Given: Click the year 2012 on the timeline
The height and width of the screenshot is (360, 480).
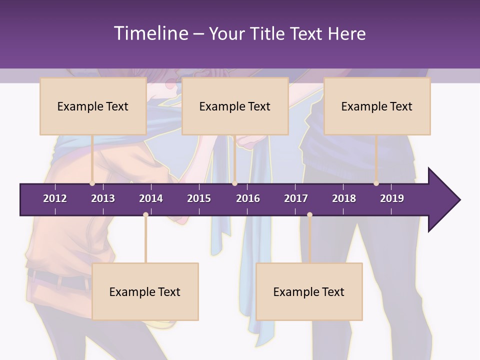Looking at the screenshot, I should pyautogui.click(x=55, y=198).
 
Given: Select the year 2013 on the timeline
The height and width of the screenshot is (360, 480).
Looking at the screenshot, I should pyautogui.click(x=103, y=198).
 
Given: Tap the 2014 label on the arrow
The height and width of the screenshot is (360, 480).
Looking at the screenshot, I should pyautogui.click(x=151, y=198).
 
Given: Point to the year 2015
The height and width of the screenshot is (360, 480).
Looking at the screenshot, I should pyautogui.click(x=199, y=198).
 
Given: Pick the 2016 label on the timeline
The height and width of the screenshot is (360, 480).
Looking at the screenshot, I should pyautogui.click(x=248, y=198).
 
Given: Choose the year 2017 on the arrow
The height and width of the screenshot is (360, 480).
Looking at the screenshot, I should pyautogui.click(x=296, y=198).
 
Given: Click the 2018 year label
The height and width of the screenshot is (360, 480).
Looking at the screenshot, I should pyautogui.click(x=344, y=198).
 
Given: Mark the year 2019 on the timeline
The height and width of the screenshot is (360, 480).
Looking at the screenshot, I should pyautogui.click(x=392, y=198).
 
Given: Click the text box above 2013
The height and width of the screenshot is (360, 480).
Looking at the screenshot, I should pyautogui.click(x=93, y=106).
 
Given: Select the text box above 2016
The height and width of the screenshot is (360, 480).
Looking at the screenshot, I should pyautogui.click(x=235, y=106).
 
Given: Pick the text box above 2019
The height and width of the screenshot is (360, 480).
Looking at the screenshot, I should pyautogui.click(x=377, y=106).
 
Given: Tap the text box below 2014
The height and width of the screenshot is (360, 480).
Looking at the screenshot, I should pyautogui.click(x=145, y=291).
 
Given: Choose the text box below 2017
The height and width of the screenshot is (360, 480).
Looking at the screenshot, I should pyautogui.click(x=309, y=291).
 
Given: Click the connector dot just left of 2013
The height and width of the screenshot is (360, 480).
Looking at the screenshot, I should pyautogui.click(x=92, y=183).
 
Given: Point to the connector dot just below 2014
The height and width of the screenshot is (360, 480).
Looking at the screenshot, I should pyautogui.click(x=145, y=214).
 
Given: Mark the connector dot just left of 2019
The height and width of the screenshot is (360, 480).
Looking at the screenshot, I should pyautogui.click(x=376, y=183).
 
